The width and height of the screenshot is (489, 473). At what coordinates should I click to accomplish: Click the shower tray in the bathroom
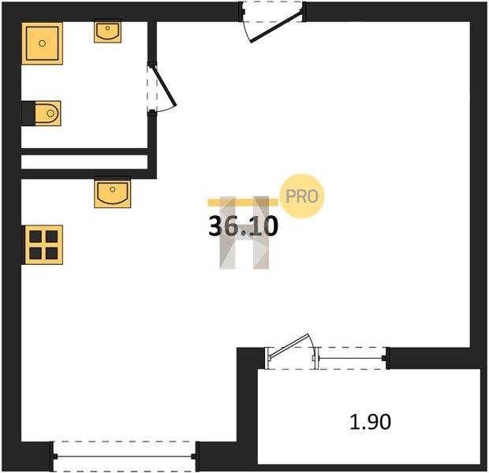[42, 43]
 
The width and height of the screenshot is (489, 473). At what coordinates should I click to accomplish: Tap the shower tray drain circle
[42, 43]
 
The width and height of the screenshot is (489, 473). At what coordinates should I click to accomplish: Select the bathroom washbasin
[107, 32]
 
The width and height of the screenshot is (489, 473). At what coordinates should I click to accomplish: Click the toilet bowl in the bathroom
[47, 114]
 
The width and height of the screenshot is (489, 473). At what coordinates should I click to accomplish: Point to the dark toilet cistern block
[28, 114]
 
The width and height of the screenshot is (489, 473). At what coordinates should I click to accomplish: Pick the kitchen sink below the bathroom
[113, 192]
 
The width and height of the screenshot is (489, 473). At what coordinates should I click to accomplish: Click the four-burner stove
[43, 245]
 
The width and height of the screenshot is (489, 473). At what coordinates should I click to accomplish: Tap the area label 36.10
[243, 226]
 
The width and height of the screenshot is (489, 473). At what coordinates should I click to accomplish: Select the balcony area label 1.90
[370, 422]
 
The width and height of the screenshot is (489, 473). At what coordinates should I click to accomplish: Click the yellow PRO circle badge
[301, 196]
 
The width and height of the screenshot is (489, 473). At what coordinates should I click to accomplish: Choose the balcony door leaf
[289, 346]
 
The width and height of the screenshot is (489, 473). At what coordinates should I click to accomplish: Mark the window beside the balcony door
[352, 358]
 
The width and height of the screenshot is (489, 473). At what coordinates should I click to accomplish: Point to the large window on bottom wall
[125, 456]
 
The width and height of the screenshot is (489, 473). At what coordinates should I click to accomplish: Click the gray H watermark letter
[244, 233]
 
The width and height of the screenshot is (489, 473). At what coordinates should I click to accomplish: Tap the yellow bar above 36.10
[243, 203]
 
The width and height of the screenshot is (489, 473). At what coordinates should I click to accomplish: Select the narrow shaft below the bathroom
[84, 162]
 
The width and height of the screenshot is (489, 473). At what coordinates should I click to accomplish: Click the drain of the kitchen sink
[113, 189]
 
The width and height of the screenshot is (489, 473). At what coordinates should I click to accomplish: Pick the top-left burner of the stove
[35, 236]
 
